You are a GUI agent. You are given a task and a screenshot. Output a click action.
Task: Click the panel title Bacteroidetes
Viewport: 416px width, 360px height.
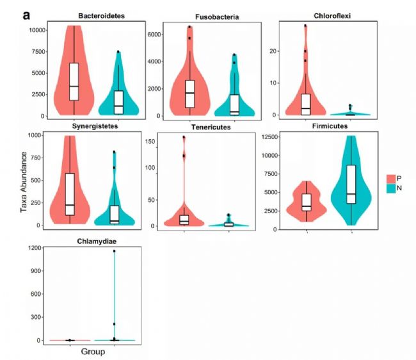pos(97,15)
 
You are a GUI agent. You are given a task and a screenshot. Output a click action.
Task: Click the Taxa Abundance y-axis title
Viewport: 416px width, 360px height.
pos(22,183)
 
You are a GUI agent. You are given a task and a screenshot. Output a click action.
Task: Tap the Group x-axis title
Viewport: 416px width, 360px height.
pos(93,352)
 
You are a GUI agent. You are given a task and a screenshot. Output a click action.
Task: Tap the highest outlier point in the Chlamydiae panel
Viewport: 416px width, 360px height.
pos(114,251)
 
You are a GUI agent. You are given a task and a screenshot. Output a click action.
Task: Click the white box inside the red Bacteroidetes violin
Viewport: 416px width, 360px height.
pos(74,81)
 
